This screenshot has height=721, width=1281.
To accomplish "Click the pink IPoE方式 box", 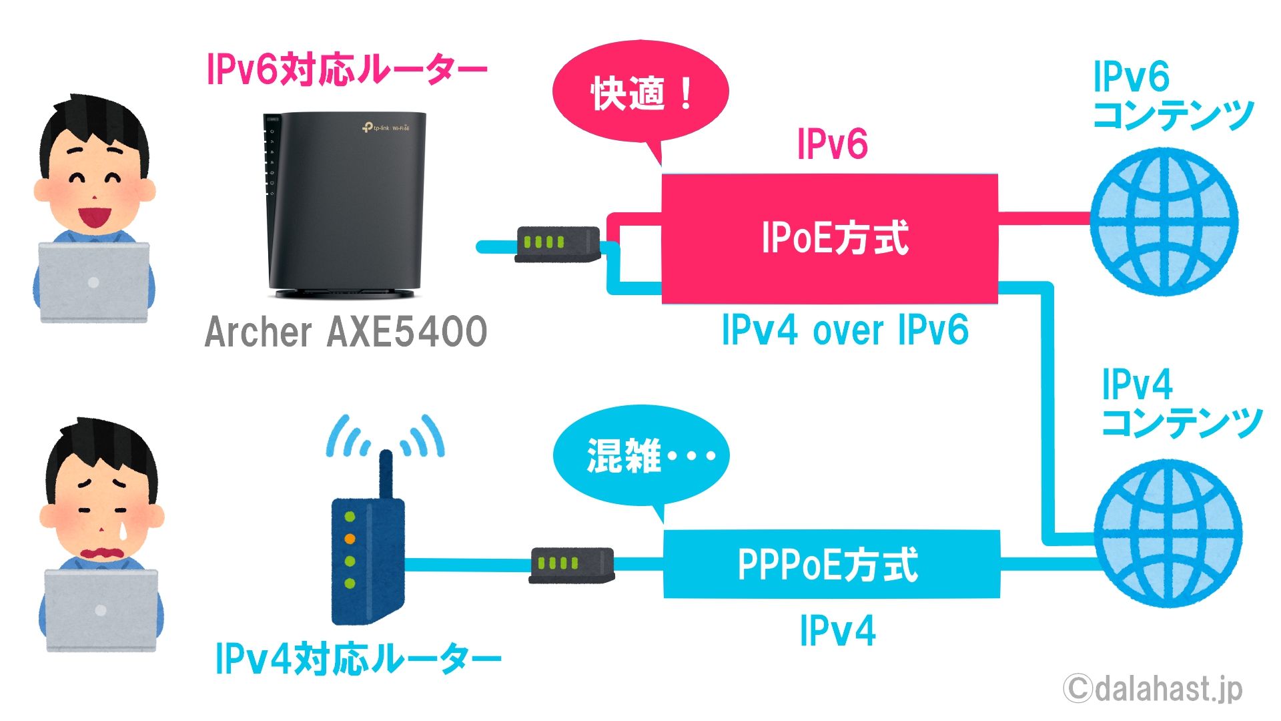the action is pyautogui.click(x=829, y=239).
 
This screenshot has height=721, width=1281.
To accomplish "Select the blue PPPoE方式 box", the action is pyautogui.click(x=831, y=564).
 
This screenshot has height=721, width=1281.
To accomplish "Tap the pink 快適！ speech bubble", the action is pyautogui.click(x=640, y=93).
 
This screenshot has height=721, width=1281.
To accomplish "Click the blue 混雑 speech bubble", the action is pyautogui.click(x=640, y=457).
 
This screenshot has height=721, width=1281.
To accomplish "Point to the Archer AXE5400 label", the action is pyautogui.click(x=346, y=331).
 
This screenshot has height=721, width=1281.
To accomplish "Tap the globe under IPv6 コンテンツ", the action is pyautogui.click(x=1164, y=222).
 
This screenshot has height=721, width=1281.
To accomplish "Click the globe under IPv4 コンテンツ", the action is pyautogui.click(x=1168, y=533).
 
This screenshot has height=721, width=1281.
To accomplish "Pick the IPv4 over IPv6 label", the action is pyautogui.click(x=845, y=330).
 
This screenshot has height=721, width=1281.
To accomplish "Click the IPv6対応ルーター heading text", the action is pyautogui.click(x=347, y=69).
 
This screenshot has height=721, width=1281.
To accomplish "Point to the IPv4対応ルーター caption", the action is pyautogui.click(x=358, y=658).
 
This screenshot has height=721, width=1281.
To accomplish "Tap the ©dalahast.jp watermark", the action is pyautogui.click(x=1153, y=688).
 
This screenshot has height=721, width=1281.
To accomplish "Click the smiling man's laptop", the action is pyautogui.click(x=93, y=282).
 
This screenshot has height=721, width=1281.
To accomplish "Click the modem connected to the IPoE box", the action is pyautogui.click(x=558, y=244).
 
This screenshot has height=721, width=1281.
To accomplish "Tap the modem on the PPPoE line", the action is pyautogui.click(x=572, y=565).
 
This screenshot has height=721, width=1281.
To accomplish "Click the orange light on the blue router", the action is pyautogui.click(x=350, y=539).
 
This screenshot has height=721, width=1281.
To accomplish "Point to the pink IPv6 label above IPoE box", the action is pyautogui.click(x=833, y=144).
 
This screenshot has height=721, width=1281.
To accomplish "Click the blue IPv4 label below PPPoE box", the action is pyautogui.click(x=838, y=630).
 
